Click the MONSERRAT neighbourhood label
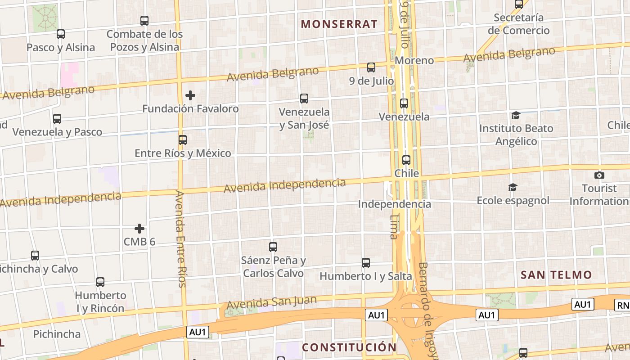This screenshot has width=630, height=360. [x=339, y=24]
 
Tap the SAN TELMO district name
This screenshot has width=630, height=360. [x=556, y=274]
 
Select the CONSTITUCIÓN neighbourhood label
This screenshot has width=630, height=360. [x=349, y=347]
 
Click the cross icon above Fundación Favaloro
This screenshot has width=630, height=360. [x=190, y=95]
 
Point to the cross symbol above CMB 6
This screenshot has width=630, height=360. [x=139, y=229]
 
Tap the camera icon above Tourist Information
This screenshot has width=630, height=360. [x=599, y=175]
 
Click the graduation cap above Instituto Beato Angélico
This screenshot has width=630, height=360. [x=516, y=116]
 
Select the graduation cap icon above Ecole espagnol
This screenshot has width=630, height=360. [x=513, y=187]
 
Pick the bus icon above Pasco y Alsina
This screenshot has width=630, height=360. [x=61, y=34]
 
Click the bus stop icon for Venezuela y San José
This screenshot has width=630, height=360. [x=304, y=99]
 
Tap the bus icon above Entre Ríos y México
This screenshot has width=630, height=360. [x=183, y=140]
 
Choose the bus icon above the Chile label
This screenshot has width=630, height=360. [x=406, y=160]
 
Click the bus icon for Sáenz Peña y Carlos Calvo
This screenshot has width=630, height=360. [x=273, y=247]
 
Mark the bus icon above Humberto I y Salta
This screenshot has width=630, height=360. [x=366, y=263]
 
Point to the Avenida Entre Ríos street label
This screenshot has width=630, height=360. [x=180, y=238]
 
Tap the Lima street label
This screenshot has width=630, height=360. [x=395, y=226]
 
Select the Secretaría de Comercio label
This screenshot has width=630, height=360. [x=519, y=24]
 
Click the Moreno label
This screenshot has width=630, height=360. [x=414, y=60]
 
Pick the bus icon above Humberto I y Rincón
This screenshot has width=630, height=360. [x=100, y=282]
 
